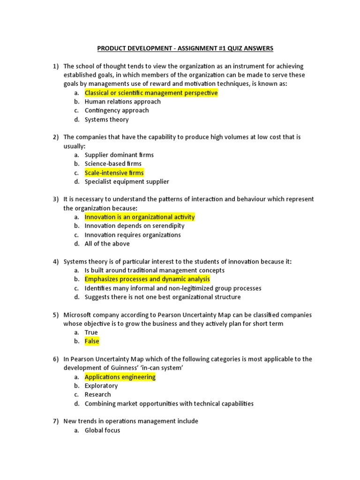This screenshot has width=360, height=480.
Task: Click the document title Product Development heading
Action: (x=185, y=48)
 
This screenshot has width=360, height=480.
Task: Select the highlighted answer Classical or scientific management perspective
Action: (x=151, y=93)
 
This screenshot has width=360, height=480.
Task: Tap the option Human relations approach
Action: (x=122, y=102)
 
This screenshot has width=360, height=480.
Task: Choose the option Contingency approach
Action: (x=117, y=111)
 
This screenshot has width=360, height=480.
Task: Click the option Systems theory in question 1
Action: (x=106, y=120)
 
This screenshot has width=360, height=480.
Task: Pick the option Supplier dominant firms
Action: (x=119, y=155)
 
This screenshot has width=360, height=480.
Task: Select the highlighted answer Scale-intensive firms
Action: (x=114, y=173)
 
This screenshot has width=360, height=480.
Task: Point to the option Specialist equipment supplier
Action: (x=127, y=181)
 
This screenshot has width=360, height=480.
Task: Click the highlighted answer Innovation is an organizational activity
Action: (x=139, y=217)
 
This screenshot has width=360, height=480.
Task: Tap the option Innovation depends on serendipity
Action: (x=135, y=226)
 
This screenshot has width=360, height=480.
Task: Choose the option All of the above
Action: (x=107, y=244)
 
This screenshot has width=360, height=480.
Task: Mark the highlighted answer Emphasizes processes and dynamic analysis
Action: (x=147, y=279)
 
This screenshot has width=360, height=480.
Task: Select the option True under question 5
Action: (x=91, y=332)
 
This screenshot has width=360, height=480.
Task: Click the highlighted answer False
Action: (x=92, y=341)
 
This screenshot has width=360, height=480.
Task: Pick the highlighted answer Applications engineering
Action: (x=120, y=377)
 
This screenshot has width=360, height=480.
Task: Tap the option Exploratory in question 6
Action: (x=101, y=386)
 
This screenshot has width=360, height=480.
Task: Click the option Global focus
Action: (x=102, y=430)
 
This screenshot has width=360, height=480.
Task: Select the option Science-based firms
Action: (x=113, y=164)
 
